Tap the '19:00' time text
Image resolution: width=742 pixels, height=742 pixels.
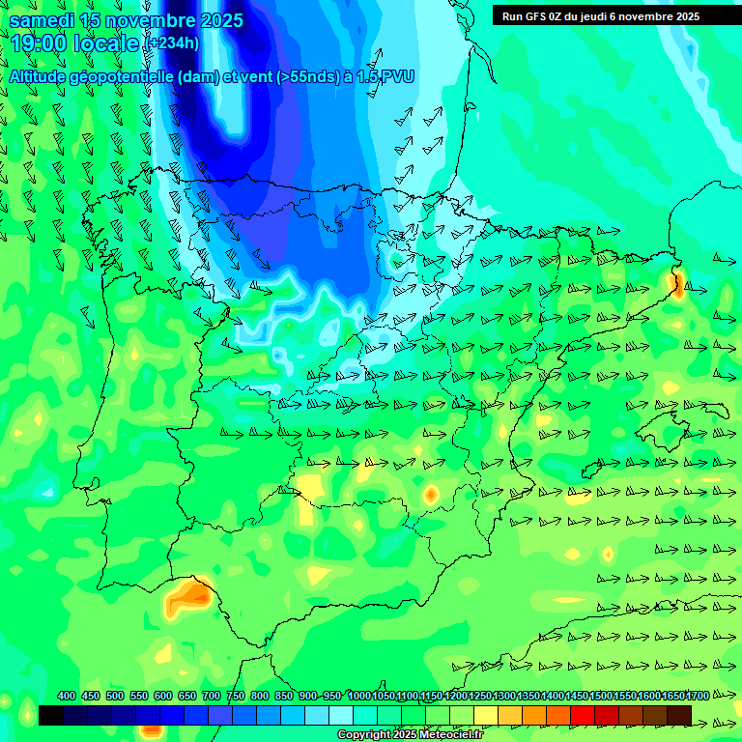pos(39,43)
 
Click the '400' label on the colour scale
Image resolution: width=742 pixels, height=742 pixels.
pos(67,696)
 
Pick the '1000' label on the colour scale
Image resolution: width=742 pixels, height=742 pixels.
pos(358,696)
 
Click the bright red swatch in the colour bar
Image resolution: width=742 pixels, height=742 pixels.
pos(583,715)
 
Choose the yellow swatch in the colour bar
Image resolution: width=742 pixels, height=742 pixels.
pos(485,715)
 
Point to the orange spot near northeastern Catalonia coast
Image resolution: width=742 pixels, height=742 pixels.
pos(677,282)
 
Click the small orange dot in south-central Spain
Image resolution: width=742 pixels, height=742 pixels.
pos(431,495)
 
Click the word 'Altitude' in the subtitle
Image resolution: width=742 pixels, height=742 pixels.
pos(43,76)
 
